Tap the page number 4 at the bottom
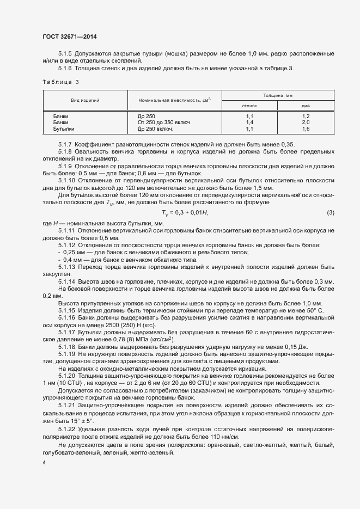(44, 463)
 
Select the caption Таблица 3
(60, 82)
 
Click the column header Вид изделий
(85, 101)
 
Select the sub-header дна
(306, 106)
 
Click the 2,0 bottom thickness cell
(306, 123)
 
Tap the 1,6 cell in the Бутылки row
(306, 130)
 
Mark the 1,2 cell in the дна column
(306, 116)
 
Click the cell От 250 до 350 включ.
(165, 123)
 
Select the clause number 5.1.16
(66, 317)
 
